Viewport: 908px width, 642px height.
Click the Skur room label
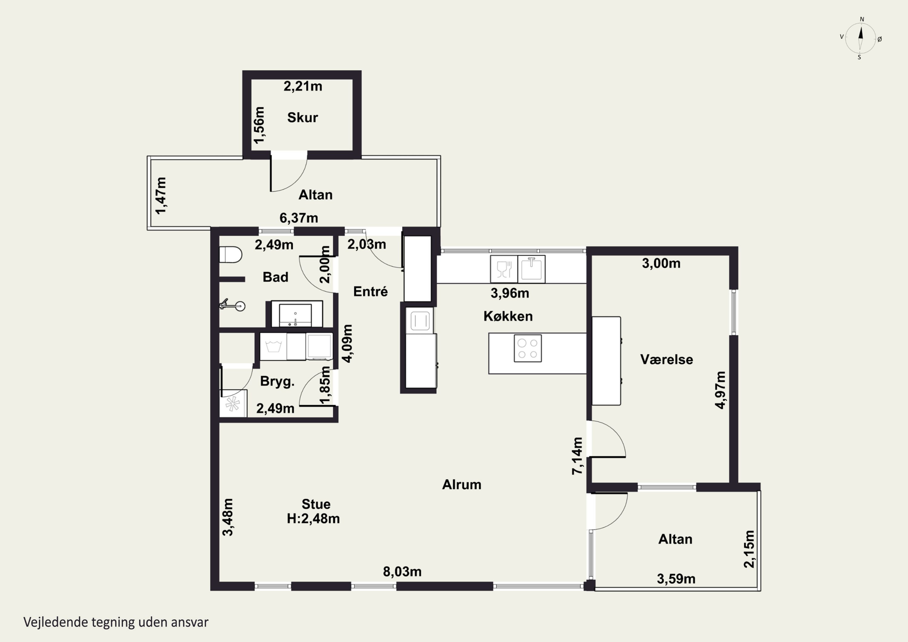[303, 117]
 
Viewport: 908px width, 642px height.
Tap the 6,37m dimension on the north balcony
[298, 218]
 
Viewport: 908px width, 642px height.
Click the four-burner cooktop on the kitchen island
[528, 348]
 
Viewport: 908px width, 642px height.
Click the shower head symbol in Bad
[233, 305]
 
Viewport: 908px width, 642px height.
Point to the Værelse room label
[666, 360]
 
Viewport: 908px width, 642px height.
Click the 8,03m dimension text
[402, 571]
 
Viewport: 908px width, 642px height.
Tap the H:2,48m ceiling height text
[313, 519]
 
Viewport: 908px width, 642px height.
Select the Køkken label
[508, 316]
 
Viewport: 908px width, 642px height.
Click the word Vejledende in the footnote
[56, 622]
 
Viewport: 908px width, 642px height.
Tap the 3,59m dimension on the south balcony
[676, 579]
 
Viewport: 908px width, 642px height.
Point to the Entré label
[370, 291]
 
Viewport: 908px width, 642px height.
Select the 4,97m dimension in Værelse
[721, 390]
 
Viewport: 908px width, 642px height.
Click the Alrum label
[462, 485]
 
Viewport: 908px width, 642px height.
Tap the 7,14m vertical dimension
[577, 456]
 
